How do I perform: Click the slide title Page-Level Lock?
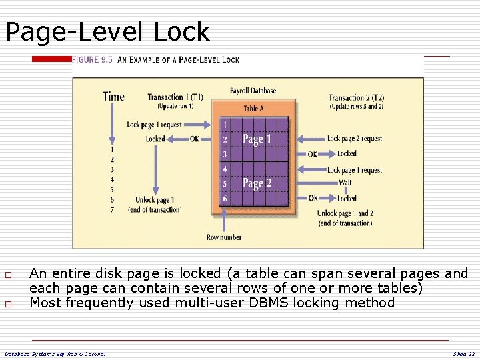click(107, 31)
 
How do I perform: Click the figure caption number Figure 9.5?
click(92, 60)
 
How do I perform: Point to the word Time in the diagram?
click(113, 97)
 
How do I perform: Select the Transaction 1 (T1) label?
click(175, 97)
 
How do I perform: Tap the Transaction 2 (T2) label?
click(356, 97)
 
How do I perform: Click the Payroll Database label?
click(253, 91)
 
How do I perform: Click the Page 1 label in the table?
click(257, 139)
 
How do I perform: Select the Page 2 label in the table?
click(257, 183)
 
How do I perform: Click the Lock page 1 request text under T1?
click(154, 125)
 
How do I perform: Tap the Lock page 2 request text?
click(355, 139)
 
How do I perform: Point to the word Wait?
click(345, 183)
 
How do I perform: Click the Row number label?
click(224, 237)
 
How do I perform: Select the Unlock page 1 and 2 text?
click(345, 214)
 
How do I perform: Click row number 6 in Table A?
click(225, 199)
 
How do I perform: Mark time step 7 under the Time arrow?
click(112, 209)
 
